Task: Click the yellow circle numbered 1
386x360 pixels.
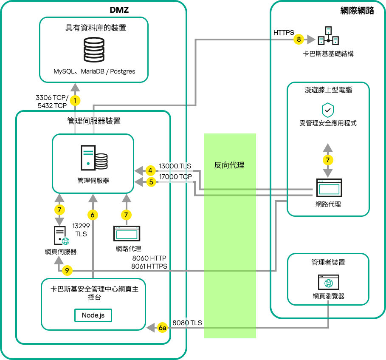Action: [x=75, y=101]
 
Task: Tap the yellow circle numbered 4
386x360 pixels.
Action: [x=150, y=171]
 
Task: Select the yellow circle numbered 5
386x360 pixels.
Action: [x=150, y=182]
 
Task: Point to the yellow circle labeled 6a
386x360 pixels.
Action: [x=162, y=328]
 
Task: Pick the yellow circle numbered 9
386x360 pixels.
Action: [x=67, y=270]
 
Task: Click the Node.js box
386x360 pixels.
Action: [x=93, y=315]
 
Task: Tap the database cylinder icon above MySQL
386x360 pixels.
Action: [x=94, y=50]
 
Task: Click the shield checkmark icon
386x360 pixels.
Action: [x=327, y=110]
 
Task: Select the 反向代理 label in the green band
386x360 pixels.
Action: [x=229, y=165]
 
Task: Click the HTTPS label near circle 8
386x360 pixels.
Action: [x=284, y=32]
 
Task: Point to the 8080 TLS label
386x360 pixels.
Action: [x=187, y=323]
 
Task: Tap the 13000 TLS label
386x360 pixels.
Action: [x=175, y=166]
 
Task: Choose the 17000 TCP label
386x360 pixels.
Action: [x=175, y=176]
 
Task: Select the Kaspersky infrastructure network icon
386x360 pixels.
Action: [x=328, y=36]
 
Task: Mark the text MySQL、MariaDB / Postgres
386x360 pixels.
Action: [x=94, y=71]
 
